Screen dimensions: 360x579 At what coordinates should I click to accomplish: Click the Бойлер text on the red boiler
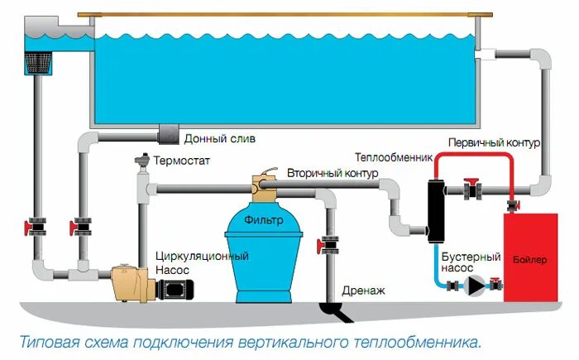coord(530,260)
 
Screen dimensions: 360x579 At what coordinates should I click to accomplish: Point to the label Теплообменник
coord(393,157)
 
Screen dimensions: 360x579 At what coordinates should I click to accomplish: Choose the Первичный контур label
coord(495,142)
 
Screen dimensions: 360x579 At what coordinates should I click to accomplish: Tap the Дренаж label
coord(362,290)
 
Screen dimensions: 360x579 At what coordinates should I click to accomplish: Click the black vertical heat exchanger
coord(435,208)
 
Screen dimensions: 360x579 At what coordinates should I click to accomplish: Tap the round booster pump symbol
coord(475,286)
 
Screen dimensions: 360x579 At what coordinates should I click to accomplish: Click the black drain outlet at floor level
coord(336,311)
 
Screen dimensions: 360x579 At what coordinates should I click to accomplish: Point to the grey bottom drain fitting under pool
coord(168,133)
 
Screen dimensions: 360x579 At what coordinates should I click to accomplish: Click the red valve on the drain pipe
coord(328,244)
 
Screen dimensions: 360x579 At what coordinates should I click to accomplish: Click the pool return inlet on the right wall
coord(486,55)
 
